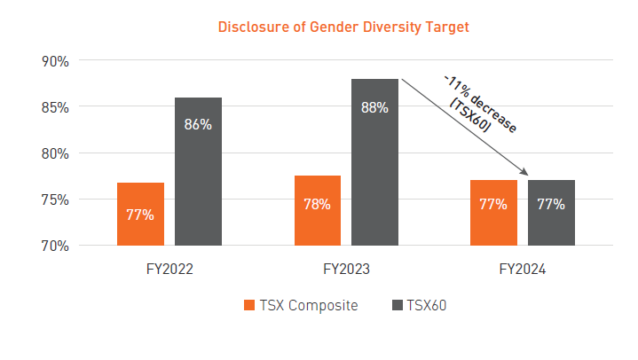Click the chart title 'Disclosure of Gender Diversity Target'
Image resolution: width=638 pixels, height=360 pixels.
(x=343, y=27)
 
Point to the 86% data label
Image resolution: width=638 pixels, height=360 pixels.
(x=198, y=124)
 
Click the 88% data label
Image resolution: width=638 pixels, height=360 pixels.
(x=374, y=107)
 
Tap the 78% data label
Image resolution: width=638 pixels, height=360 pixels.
(x=317, y=204)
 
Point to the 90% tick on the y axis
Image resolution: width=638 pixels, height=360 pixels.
(x=54, y=60)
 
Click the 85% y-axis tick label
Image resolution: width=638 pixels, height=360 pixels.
(x=54, y=106)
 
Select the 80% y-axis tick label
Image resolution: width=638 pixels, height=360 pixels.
(x=54, y=153)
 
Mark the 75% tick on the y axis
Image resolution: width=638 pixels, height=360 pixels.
(x=54, y=199)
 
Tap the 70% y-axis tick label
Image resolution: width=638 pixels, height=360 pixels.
(x=54, y=245)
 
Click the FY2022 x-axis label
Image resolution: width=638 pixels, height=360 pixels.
(x=169, y=269)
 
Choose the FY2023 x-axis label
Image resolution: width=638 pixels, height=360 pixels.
(x=345, y=269)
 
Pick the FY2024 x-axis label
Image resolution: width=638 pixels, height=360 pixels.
(x=522, y=269)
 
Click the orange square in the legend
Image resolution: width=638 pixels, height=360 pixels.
(x=248, y=306)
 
